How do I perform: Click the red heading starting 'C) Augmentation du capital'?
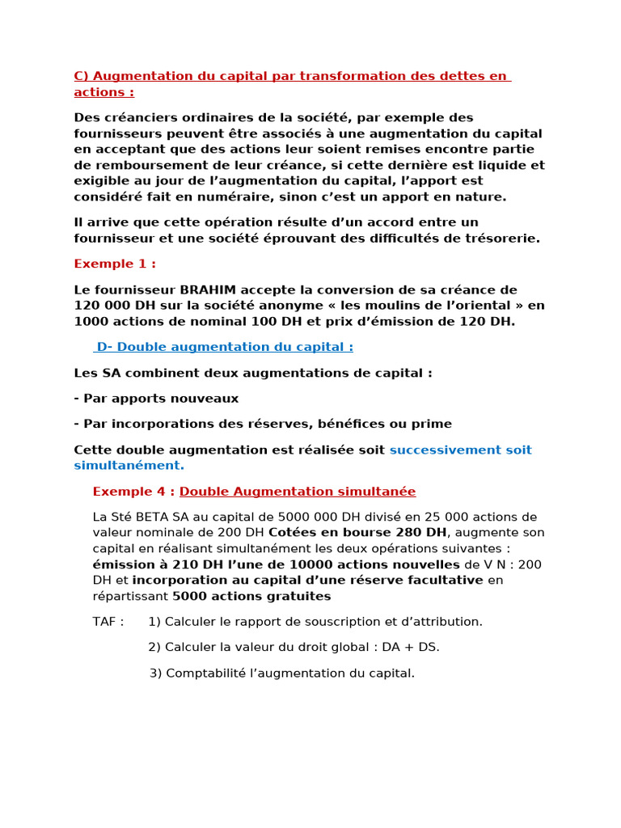[x=291, y=76]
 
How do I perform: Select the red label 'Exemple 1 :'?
[x=114, y=264]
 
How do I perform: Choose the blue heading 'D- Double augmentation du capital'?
[x=224, y=347]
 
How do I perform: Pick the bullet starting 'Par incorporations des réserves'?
[x=263, y=424]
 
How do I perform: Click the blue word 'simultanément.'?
[x=129, y=466]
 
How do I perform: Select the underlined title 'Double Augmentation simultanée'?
[x=298, y=492]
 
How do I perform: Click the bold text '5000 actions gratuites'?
[x=251, y=596]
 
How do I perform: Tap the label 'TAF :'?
[x=109, y=622]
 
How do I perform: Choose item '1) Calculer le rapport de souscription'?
[x=315, y=622]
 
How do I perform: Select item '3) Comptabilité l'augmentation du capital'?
[x=281, y=673]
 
